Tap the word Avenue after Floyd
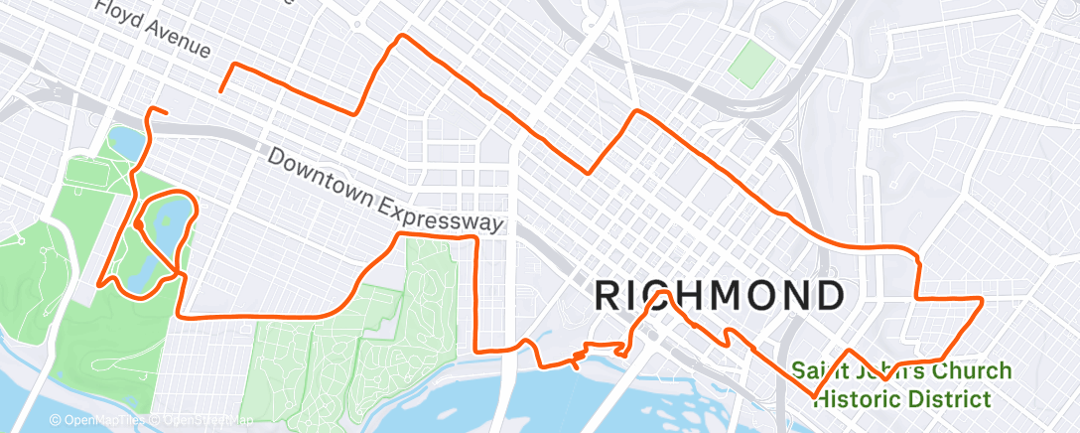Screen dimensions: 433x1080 click(x=176, y=42)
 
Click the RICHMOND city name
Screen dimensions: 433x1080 click(x=720, y=295)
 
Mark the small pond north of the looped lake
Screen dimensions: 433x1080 click(x=126, y=142)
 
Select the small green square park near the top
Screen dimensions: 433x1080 click(x=751, y=65)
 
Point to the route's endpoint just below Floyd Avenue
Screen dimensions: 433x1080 click(x=220, y=91)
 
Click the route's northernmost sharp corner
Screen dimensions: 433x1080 click(x=400, y=37)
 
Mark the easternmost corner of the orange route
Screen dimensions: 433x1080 click(x=982, y=298)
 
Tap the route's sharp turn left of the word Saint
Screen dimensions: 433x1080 click(x=814, y=396)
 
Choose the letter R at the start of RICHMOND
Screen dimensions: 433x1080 click(x=609, y=295)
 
